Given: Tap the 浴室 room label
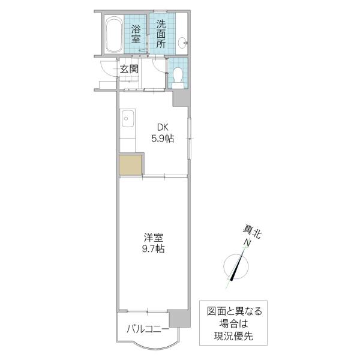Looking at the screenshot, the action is [x=136, y=34].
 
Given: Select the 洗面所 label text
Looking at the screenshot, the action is [x=161, y=34].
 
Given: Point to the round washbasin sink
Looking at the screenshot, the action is [x=183, y=43].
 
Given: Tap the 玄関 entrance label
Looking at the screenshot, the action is [x=130, y=69].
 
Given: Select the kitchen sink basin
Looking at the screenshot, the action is [x=128, y=118].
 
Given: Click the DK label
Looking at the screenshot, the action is [x=163, y=127].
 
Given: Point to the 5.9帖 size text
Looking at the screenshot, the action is [x=163, y=139].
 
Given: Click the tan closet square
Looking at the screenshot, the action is [x=130, y=165].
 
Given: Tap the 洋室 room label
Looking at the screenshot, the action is [x=154, y=238].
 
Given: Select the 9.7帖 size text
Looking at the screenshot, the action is [x=153, y=249].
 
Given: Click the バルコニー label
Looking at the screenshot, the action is [x=148, y=329].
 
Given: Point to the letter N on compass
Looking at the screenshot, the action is [x=247, y=242].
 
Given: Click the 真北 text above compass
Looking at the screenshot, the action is [x=253, y=232].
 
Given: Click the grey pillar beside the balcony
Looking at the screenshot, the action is [x=180, y=319].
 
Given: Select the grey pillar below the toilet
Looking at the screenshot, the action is [x=181, y=98].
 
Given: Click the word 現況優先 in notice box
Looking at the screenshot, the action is [x=233, y=337].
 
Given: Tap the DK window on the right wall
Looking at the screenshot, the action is [x=190, y=139].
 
